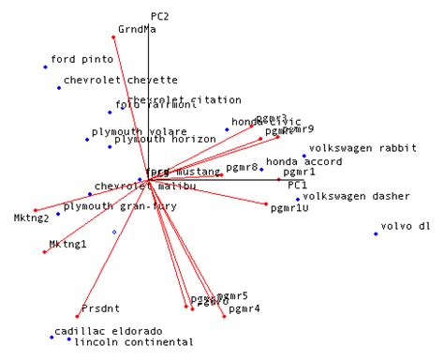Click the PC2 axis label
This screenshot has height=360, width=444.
(x=159, y=16)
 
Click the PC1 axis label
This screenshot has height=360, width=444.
(x=297, y=186)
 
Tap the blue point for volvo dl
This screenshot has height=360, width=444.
(x=377, y=233)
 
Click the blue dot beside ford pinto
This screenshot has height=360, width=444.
(x=45, y=67)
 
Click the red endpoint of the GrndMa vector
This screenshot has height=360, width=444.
(x=114, y=37)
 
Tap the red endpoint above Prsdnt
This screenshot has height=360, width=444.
(x=78, y=317)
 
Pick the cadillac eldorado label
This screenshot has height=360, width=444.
(x=108, y=331)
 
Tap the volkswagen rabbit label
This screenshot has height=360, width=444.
(x=356, y=148)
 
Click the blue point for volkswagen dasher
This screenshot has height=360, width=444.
(x=298, y=199)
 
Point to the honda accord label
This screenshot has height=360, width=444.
(x=304, y=162)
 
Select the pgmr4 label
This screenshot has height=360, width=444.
(x=244, y=307)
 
